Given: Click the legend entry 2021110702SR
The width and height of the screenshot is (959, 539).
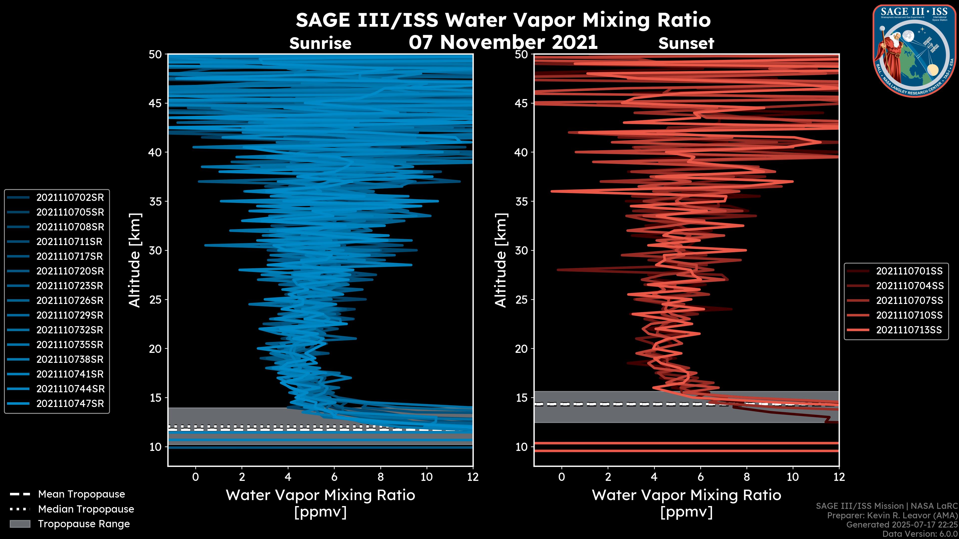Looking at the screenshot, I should [x=70, y=198].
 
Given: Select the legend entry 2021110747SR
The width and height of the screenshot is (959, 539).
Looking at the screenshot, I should [x=70, y=404].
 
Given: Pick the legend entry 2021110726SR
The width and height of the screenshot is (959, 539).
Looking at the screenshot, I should [x=70, y=300].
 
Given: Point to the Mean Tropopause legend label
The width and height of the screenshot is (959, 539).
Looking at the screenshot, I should [x=81, y=494].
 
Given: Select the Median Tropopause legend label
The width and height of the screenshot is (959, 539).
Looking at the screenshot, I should [x=86, y=509].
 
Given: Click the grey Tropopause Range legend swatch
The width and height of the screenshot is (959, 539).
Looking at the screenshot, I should [x=20, y=524].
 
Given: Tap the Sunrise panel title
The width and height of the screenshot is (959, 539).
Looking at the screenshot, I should [x=320, y=43].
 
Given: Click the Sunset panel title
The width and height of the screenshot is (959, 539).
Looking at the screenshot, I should [x=686, y=43].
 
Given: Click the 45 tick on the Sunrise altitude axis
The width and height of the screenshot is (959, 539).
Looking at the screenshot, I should [x=155, y=103].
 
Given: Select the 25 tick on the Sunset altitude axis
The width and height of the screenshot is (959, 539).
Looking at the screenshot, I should [x=521, y=299].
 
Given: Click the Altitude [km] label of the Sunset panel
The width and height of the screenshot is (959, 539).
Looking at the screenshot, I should [x=501, y=260].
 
